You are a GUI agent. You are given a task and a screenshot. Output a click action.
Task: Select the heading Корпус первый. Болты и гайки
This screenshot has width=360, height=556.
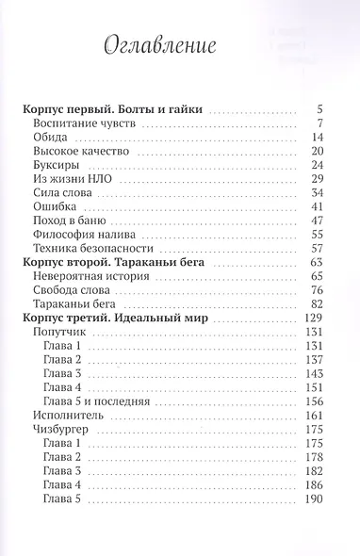(114, 109)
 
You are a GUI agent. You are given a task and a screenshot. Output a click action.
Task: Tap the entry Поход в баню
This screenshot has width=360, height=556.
(71, 230)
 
